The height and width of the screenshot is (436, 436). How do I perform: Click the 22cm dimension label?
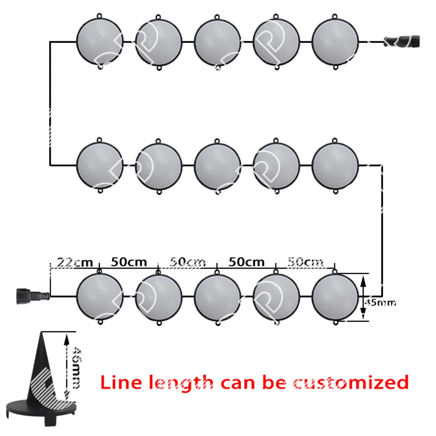(75, 262)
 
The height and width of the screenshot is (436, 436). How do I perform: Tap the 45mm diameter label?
(380, 303)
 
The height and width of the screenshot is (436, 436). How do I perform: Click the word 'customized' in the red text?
(351, 382)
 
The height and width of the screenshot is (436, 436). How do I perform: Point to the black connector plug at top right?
(402, 41)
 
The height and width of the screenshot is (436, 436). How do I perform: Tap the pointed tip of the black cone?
(42, 332)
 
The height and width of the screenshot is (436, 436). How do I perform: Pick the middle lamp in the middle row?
(218, 166)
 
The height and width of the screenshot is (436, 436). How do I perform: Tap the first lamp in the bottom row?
(99, 296)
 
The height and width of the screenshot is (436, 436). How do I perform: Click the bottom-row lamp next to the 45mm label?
(335, 296)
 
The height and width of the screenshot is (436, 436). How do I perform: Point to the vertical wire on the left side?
(50, 103)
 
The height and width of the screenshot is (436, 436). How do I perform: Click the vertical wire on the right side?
(382, 231)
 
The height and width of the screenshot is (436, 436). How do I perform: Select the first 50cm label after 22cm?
(129, 262)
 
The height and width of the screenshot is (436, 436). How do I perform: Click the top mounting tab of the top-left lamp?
(99, 16)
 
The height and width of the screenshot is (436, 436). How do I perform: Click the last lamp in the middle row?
(335, 166)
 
